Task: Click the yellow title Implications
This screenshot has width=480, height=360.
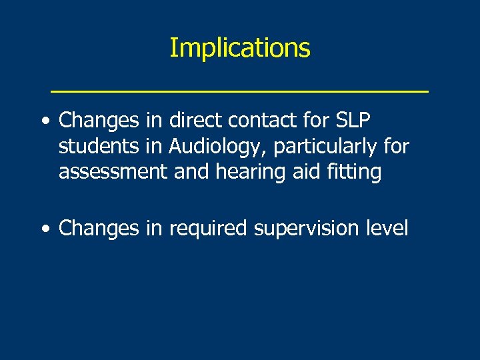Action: point(239,48)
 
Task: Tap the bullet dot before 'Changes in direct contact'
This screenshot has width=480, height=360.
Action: point(45,121)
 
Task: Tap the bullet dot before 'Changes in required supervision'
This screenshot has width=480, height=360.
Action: point(45,229)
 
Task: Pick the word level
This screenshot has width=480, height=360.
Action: point(387,228)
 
